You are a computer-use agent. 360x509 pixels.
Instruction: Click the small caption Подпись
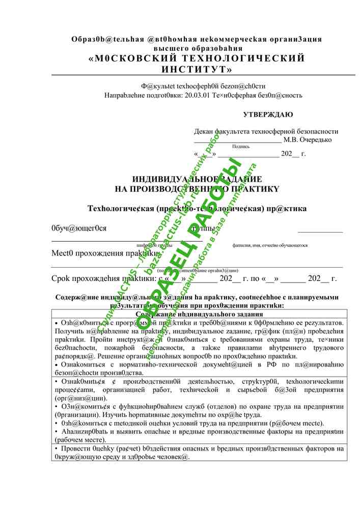click(241, 147)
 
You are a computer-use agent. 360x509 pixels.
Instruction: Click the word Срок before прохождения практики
click(64, 279)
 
